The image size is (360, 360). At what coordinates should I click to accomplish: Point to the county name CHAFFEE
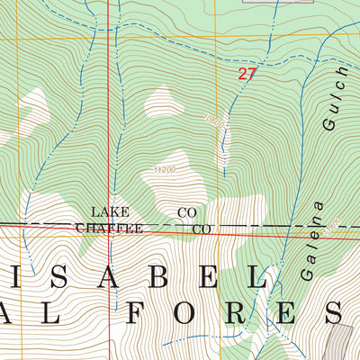pos(109,229)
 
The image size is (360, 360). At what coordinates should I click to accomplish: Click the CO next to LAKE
pos(187,212)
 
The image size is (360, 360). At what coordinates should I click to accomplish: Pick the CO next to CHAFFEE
pos(202,229)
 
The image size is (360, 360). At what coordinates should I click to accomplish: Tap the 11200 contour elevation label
pos(165,168)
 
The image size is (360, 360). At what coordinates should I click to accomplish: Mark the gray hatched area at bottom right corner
pos(342,342)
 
